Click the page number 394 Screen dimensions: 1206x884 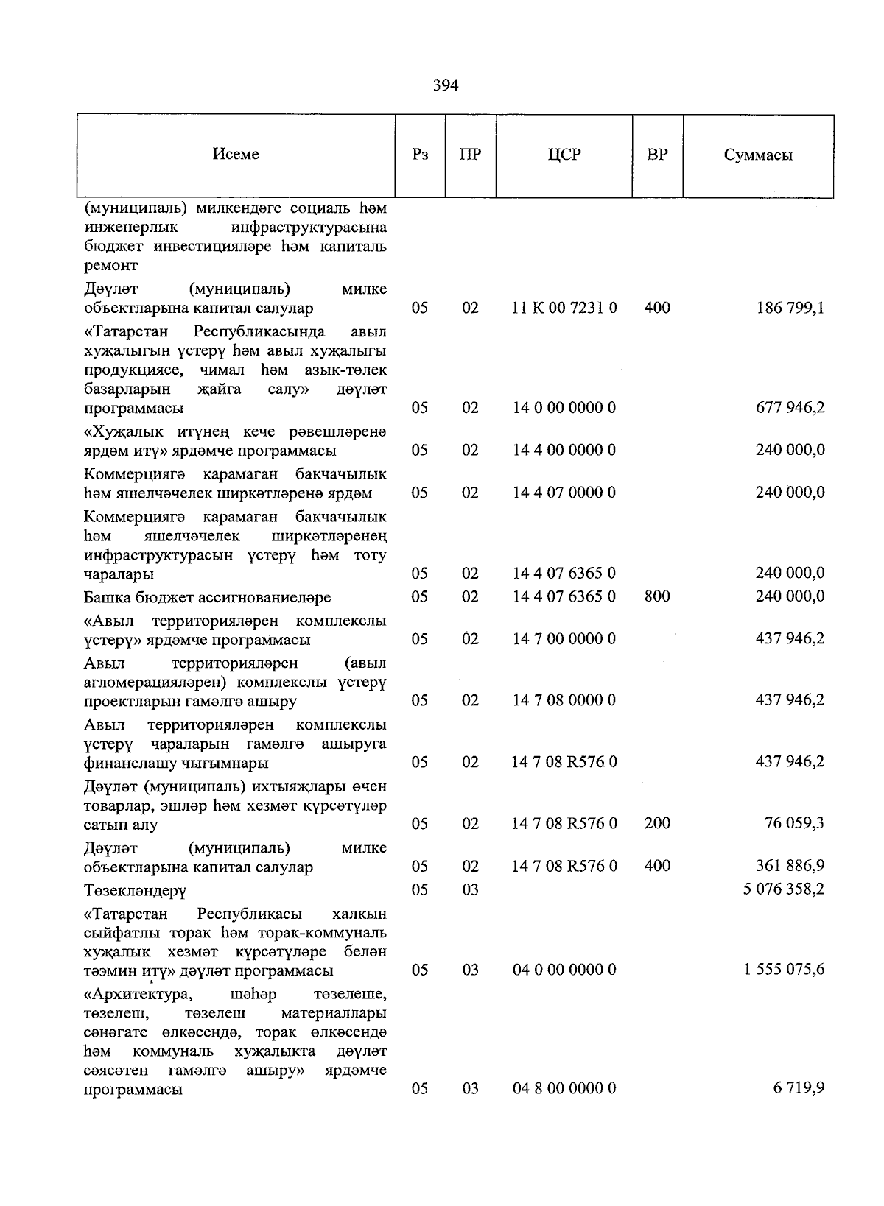pos(445,86)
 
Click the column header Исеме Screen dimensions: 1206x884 pos(236,154)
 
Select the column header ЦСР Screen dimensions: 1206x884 pos(564,155)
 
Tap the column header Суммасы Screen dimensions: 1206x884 pos(758,155)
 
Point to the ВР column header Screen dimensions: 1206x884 pos(657,155)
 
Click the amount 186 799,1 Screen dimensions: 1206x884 pos(790,308)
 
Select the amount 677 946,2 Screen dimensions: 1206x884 pos(790,407)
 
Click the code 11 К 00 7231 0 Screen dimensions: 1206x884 pos(564,308)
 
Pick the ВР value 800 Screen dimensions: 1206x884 pos(657,596)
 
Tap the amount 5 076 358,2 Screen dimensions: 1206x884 pos(784,889)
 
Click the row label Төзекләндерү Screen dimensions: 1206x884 pos(136,890)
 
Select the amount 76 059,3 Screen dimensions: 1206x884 pos(794,822)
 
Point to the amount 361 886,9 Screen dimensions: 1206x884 pos(790,866)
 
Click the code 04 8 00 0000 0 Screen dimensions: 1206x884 pos(564,1087)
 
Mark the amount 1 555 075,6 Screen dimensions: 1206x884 pos(784,969)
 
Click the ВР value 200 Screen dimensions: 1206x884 pos(657,822)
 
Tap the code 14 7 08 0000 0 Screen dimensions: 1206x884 pos(564,699)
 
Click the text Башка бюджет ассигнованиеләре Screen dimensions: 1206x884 pos(208,597)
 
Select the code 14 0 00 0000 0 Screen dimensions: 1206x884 pos(564,407)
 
